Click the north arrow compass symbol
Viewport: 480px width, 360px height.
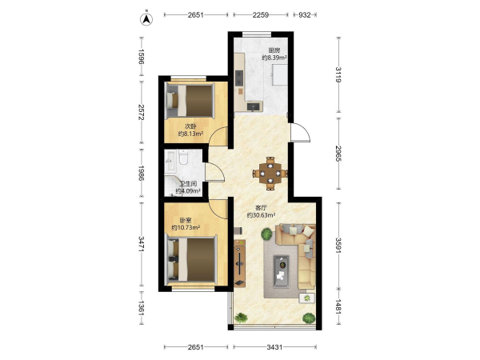(x=146, y=19)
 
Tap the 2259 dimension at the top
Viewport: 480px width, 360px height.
(x=261, y=14)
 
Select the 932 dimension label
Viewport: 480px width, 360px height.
(x=305, y=14)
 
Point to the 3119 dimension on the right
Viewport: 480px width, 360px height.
(x=338, y=74)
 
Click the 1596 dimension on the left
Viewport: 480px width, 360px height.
(x=141, y=56)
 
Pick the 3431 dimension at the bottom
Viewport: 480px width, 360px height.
(x=274, y=347)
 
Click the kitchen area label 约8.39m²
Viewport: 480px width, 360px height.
(x=274, y=58)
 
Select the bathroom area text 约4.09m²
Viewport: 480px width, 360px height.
(x=188, y=191)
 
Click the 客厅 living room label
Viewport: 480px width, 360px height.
(x=261, y=208)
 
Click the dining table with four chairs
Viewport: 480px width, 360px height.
(x=270, y=174)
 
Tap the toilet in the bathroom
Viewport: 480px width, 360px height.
(x=184, y=158)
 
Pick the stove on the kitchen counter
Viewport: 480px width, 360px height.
(x=238, y=78)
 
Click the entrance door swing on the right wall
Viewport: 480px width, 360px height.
(x=300, y=132)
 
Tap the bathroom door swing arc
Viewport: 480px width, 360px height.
(x=215, y=172)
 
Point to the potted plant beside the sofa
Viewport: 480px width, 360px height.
(x=266, y=234)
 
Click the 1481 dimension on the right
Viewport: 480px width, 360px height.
(x=338, y=306)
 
